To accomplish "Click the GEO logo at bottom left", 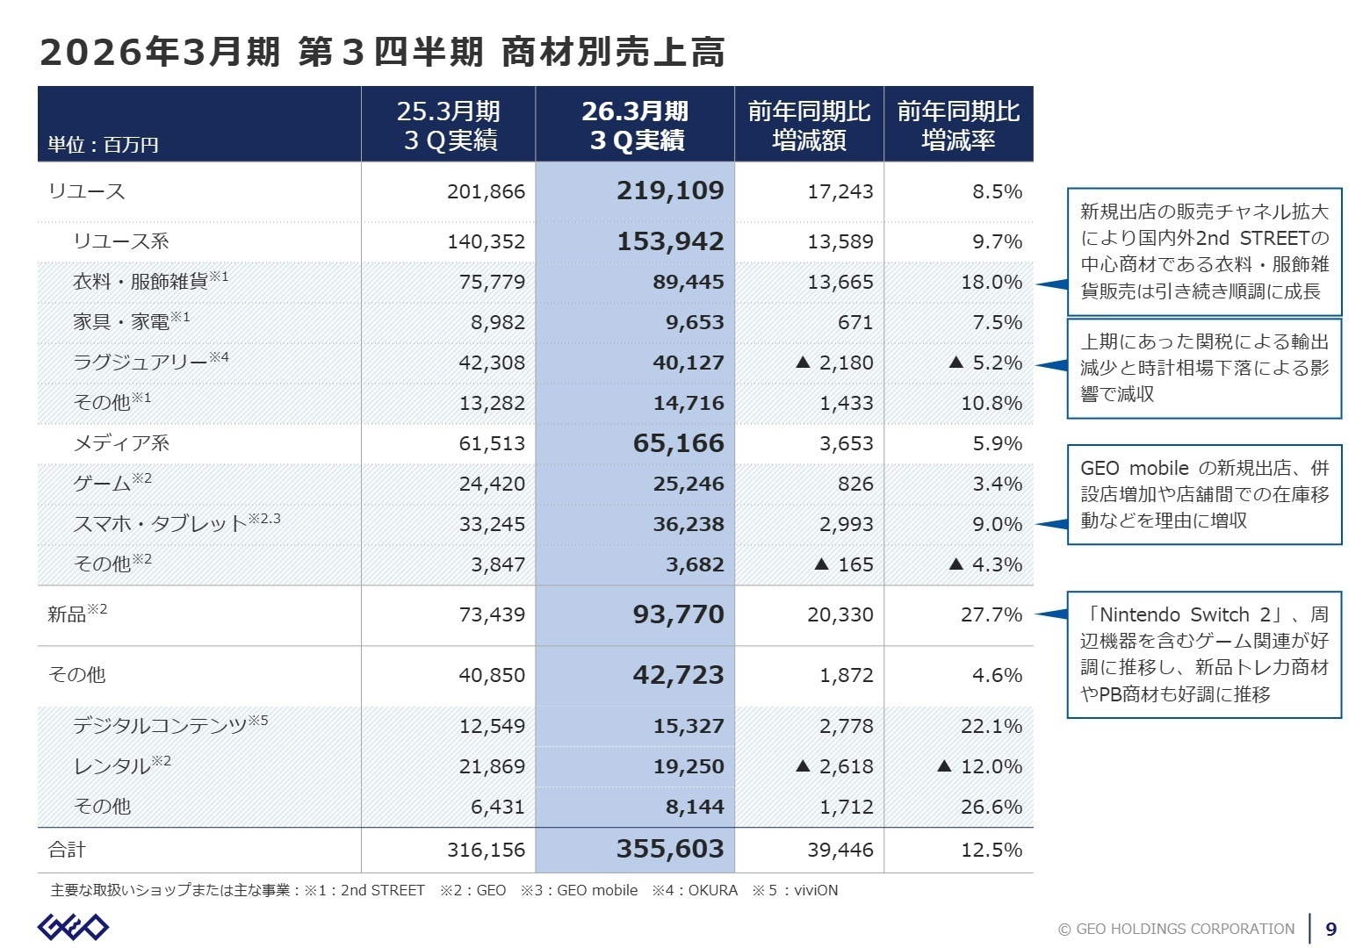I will tap(73, 927).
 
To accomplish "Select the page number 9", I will tap(1331, 929).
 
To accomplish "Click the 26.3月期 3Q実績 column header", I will tap(635, 126).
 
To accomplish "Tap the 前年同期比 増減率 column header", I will tap(958, 126).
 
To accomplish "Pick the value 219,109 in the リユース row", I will tap(670, 190).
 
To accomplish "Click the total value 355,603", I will tap(670, 849).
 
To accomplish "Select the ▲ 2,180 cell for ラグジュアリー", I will tap(834, 363).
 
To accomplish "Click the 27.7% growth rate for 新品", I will tap(991, 614).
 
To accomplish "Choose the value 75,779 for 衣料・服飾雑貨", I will tap(492, 282).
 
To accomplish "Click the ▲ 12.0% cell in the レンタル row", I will tap(980, 766).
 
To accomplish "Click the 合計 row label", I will tap(67, 850).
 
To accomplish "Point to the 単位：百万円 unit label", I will tap(103, 145).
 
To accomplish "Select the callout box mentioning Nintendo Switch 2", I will tap(1204, 655).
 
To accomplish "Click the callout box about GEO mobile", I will tap(1204, 494).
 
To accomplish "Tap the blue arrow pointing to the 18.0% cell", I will tap(1051, 284).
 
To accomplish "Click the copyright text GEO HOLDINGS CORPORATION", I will tap(1177, 929).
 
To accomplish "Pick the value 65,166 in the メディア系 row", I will tap(678, 443).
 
